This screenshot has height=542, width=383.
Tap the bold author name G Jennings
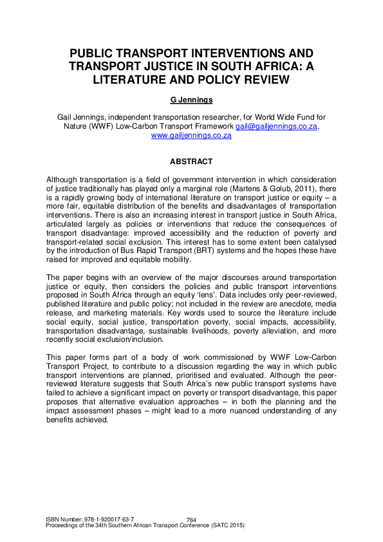[x=191, y=100]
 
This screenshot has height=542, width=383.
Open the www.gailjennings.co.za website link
[x=191, y=136]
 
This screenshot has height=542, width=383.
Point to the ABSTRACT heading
[x=191, y=162]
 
